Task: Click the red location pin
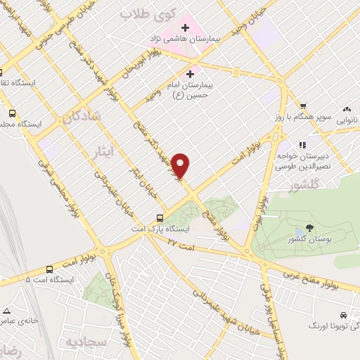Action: point(181,165)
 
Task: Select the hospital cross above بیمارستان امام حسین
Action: point(190,72)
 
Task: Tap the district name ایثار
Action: point(102,152)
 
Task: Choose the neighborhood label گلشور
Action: point(309,186)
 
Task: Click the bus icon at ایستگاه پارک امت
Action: point(160,218)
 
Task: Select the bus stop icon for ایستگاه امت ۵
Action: point(49,269)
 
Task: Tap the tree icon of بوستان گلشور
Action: point(310,227)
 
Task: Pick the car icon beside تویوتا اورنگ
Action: point(342,314)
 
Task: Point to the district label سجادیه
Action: point(86,343)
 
